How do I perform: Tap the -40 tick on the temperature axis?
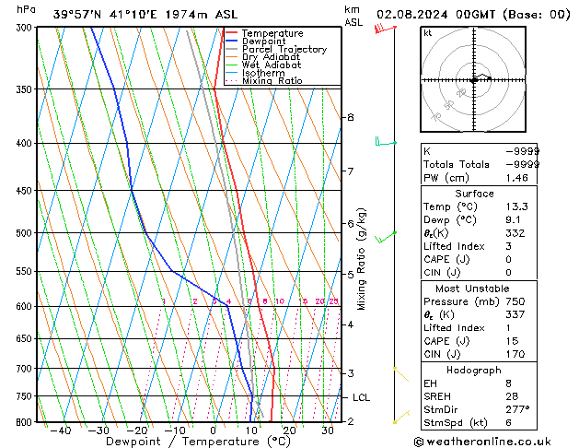point(60,430)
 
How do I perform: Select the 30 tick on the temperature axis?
point(327,430)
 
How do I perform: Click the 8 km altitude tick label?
point(350,117)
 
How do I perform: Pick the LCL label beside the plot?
point(361,397)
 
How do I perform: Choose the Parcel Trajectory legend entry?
point(284,50)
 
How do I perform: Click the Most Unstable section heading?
point(474,289)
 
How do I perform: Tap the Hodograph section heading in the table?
point(474,370)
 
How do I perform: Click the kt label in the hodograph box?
point(427,32)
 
